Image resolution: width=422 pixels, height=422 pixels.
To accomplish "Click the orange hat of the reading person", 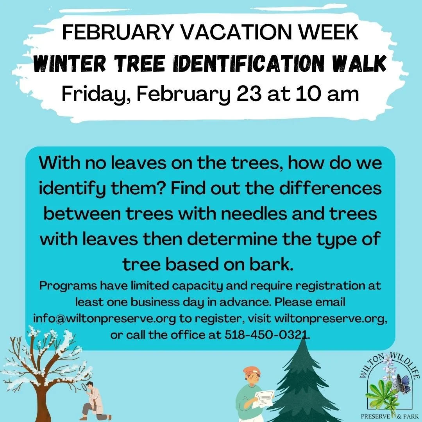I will point(250,371).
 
